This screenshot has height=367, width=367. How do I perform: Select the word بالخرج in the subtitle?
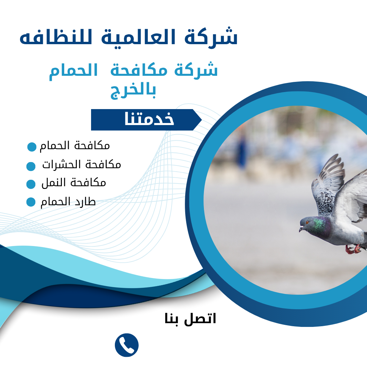(133, 91)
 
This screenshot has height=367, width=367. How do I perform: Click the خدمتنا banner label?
(149, 120)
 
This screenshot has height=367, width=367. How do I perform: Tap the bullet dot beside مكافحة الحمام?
(32, 147)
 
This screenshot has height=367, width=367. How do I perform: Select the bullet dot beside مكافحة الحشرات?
(31, 166)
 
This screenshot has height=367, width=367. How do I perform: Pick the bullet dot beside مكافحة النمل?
(31, 184)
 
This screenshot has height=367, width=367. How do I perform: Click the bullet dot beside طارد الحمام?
(31, 202)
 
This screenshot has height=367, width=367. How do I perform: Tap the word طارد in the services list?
(85, 202)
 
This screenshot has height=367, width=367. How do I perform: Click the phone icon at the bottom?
(127, 345)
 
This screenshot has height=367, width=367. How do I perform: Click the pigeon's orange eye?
(307, 222)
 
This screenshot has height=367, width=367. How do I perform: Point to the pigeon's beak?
(301, 229)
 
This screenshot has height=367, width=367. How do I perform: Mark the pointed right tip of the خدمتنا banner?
(202, 120)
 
